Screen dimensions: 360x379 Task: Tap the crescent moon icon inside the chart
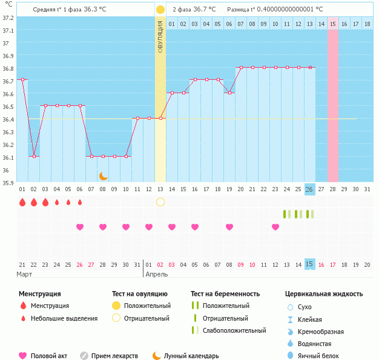(104, 175)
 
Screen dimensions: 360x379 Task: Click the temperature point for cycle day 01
(22, 79)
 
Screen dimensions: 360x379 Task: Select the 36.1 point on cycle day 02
(34, 156)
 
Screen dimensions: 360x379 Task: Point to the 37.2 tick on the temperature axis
(8, 18)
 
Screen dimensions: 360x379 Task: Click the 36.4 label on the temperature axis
(8, 119)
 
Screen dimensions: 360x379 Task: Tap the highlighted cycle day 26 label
(309, 189)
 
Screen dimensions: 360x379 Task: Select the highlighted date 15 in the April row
(309, 264)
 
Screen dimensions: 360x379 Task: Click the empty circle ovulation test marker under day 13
(160, 201)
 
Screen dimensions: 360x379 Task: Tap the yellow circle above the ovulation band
(160, 10)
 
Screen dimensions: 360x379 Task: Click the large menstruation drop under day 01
(22, 202)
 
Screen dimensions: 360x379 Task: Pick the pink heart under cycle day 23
(275, 227)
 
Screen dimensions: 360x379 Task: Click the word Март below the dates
(24, 274)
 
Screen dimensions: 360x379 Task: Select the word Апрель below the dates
(157, 274)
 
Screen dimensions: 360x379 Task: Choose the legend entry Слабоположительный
(234, 330)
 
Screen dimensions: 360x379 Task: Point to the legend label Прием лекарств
(114, 356)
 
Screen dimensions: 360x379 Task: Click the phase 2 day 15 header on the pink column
(333, 24)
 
